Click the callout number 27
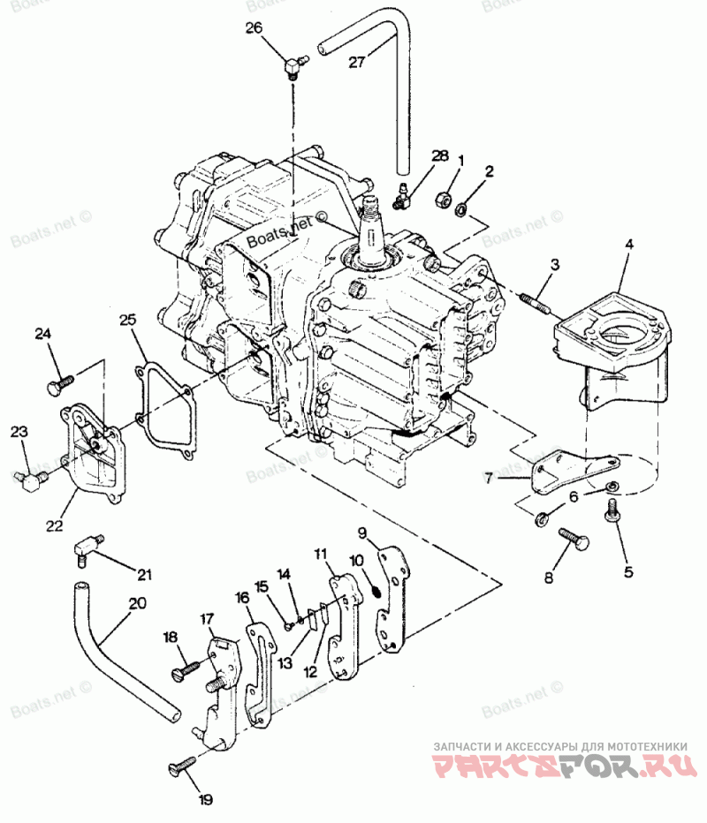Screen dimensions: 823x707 [x=356, y=62]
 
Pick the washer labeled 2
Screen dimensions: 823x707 [x=461, y=209]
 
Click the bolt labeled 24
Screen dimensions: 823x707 [x=60, y=385]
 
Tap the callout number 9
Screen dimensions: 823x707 [x=362, y=532]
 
